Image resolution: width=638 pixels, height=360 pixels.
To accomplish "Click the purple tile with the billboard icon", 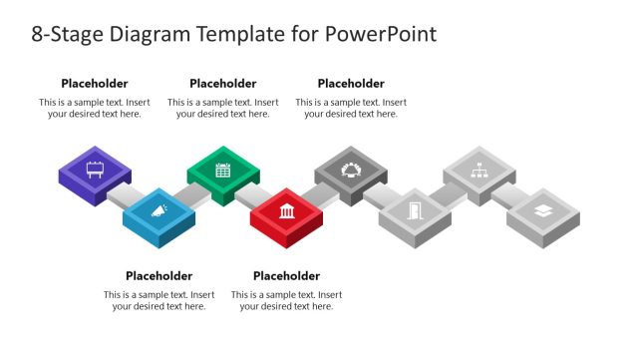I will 95,169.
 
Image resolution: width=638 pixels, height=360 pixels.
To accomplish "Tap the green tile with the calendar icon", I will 222,169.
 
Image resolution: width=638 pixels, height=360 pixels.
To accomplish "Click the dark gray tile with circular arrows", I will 351,169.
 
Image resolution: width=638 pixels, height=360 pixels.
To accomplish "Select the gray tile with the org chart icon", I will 478,169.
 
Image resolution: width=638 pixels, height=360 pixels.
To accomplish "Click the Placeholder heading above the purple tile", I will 95,84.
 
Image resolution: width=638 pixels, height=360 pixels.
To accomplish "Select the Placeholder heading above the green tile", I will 222,84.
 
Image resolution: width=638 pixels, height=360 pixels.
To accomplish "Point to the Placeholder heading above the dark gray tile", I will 351,84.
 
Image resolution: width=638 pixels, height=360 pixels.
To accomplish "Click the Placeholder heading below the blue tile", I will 159,275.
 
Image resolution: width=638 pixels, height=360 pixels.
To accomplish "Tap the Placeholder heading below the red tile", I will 286,275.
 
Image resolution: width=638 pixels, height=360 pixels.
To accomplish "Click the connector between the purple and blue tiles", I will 125,192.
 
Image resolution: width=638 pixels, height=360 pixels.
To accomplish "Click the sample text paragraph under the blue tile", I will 159,300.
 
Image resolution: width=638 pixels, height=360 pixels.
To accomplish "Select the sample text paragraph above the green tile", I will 222,108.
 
